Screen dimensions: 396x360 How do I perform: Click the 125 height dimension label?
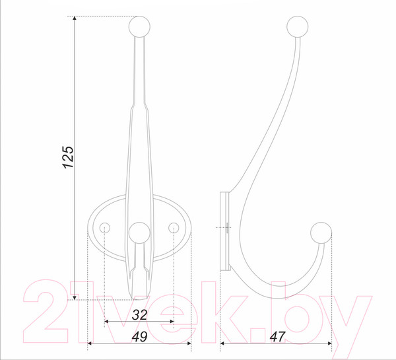68,157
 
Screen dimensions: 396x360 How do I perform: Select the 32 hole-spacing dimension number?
139,315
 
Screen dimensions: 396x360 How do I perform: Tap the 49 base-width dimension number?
139,337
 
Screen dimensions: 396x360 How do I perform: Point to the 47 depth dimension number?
277,337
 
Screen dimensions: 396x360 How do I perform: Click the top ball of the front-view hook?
139,26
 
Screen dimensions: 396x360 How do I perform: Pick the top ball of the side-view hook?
298,26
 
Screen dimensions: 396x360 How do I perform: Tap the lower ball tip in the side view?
321,233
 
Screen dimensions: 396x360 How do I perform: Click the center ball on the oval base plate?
139,233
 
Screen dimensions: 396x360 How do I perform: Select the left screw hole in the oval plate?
104,228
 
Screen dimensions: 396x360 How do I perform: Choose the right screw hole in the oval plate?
174,228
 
